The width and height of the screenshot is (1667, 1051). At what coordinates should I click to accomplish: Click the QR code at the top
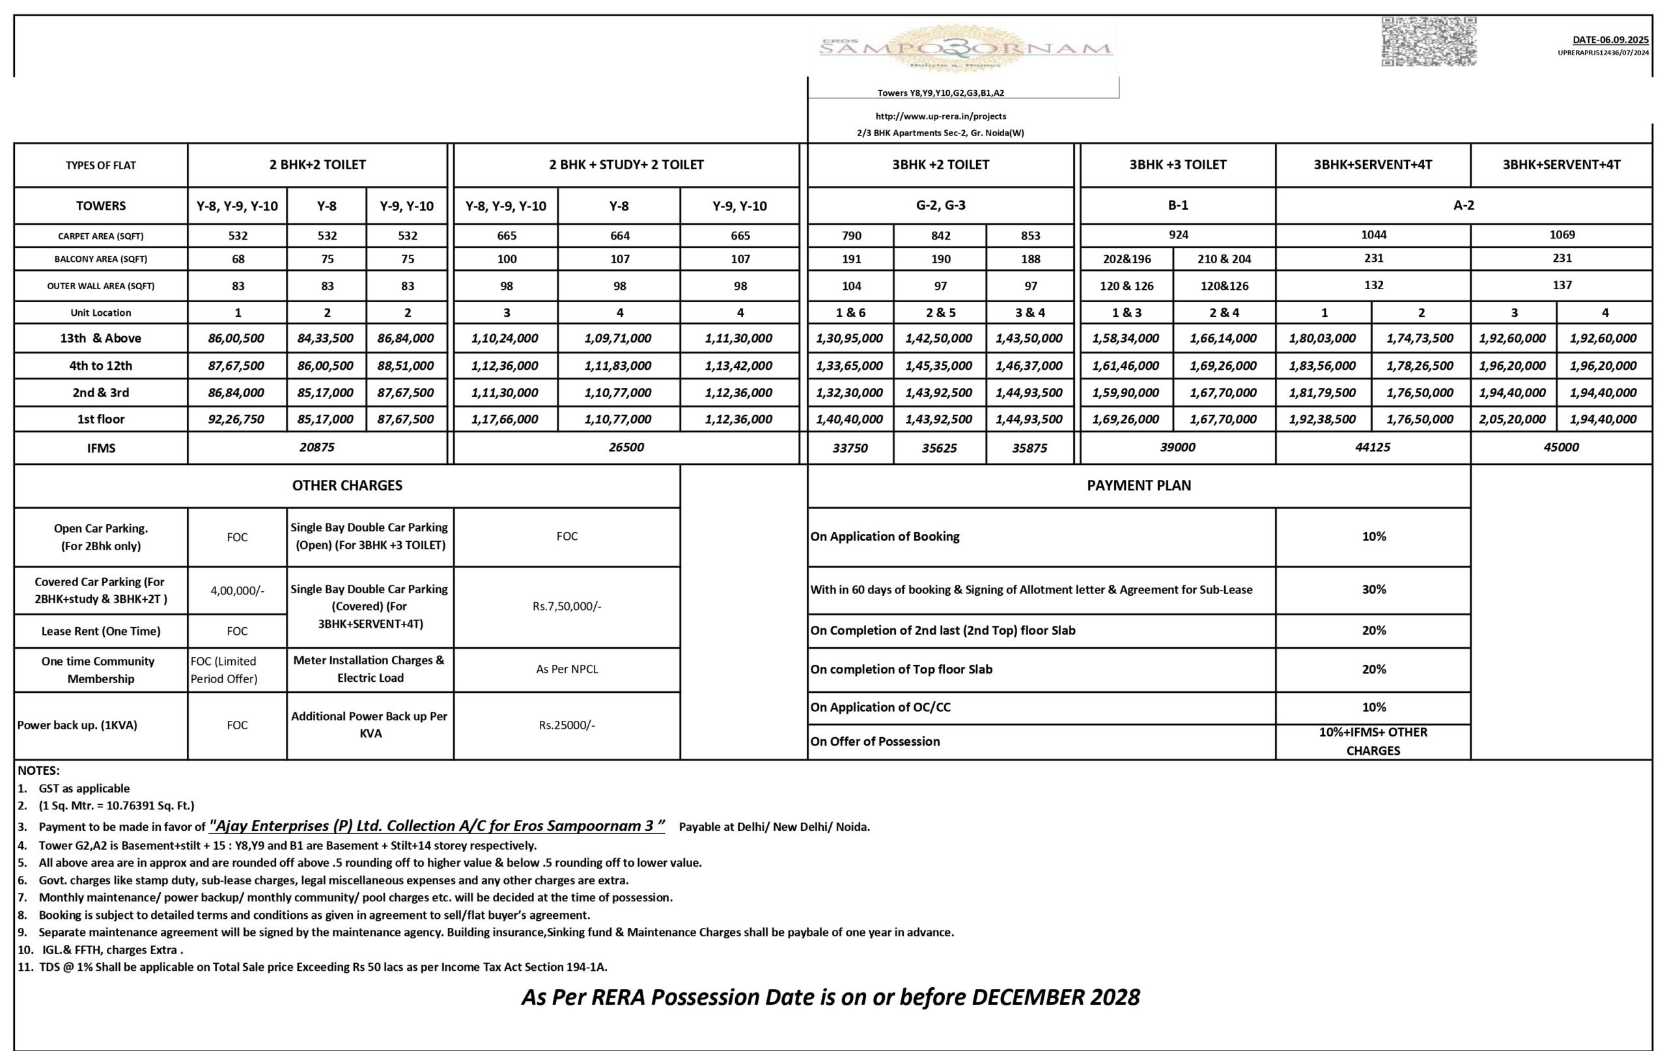[x=1429, y=42]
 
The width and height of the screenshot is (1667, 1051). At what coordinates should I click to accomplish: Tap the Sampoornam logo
[x=965, y=48]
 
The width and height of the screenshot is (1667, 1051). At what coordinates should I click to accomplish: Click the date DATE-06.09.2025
[x=1610, y=40]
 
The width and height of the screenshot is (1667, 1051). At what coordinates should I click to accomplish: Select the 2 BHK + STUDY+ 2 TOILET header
[x=626, y=165]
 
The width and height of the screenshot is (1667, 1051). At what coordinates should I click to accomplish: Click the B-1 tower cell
[x=1177, y=205]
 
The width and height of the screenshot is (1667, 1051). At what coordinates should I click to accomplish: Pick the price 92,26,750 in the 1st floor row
[x=236, y=419]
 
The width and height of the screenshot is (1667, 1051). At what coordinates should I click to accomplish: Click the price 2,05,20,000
[x=1512, y=419]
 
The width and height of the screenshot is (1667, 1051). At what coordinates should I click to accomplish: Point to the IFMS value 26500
[x=626, y=447]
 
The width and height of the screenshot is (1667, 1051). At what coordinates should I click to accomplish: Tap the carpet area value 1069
[x=1562, y=234]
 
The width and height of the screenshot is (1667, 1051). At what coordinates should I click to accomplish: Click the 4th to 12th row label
[x=100, y=365]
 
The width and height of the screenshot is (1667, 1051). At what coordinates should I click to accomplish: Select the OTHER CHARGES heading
[x=347, y=485]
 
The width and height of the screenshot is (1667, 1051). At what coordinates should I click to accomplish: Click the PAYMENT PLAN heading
[x=1139, y=485]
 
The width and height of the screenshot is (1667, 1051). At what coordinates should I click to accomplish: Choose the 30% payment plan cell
[x=1373, y=589]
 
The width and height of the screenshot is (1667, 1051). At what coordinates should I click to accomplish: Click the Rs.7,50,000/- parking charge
[x=567, y=606]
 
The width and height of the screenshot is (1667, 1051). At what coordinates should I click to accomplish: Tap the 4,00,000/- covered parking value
[x=237, y=591]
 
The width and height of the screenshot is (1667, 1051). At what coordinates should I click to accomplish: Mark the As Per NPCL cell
[x=567, y=669]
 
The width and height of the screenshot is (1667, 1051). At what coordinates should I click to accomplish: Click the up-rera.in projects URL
[x=940, y=117]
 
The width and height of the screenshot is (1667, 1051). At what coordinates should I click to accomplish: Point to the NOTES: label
[x=39, y=770]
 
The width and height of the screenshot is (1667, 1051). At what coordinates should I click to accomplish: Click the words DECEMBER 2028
[x=1055, y=997]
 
